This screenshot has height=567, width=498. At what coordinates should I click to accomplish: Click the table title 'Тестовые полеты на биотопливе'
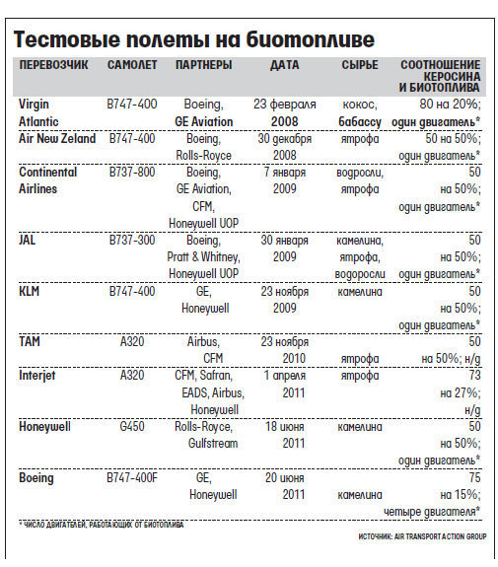click(194, 39)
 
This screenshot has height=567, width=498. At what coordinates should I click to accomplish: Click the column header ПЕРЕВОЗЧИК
click(53, 65)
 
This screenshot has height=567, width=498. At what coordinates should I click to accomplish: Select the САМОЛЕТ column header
click(132, 65)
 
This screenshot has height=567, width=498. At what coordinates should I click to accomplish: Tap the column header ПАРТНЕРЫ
click(203, 65)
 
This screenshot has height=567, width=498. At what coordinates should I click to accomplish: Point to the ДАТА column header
click(285, 65)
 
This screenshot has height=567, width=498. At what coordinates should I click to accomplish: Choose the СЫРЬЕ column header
click(360, 65)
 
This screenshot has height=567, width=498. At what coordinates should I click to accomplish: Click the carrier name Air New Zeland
click(57, 138)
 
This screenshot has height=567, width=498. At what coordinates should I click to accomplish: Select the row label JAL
click(28, 240)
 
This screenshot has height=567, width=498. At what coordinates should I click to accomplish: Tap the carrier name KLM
click(29, 291)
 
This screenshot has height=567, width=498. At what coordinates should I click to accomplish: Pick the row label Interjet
click(36, 376)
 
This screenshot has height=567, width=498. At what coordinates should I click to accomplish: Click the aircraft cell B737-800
click(132, 172)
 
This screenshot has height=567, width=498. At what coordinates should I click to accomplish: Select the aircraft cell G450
click(132, 426)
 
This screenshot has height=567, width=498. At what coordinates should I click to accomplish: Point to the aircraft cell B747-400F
click(132, 477)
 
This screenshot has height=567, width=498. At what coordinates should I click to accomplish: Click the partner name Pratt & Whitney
click(203, 256)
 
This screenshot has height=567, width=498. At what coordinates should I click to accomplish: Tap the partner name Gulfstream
click(213, 444)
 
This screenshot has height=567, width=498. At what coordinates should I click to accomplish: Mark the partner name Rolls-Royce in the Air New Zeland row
click(203, 155)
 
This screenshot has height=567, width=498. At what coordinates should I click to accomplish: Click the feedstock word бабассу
click(360, 122)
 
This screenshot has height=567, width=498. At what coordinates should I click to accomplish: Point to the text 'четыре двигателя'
click(429, 512)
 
